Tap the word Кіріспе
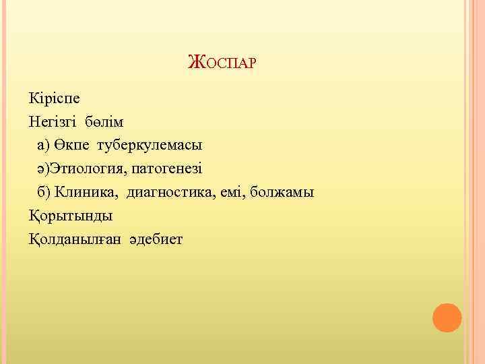point(54,98)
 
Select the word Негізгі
point(52,122)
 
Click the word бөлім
point(104,122)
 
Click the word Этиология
point(84,169)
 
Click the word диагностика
point(172,192)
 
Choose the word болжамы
point(282,192)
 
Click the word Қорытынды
point(71,216)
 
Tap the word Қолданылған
point(73,239)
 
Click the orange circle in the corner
point(447,317)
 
